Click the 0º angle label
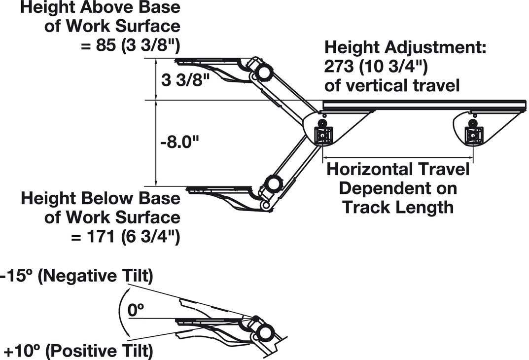pos(136,311)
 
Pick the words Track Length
pos(398,207)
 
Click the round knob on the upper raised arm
pos(262,72)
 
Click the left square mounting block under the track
pos(323,135)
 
